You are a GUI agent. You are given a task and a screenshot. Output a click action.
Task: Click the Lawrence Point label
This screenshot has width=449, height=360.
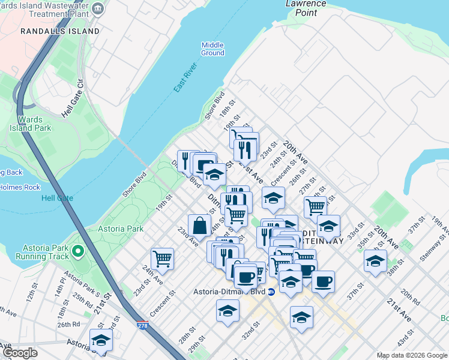tap(306, 7)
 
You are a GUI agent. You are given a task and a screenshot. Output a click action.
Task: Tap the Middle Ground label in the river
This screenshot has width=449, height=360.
tap(212, 49)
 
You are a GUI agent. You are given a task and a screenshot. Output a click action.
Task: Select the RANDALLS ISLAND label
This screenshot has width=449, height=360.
tap(59, 31)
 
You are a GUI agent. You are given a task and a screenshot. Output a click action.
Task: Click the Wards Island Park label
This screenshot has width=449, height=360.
tap(30, 124)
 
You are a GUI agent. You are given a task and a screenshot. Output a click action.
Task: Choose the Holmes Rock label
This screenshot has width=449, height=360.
tap(20, 187)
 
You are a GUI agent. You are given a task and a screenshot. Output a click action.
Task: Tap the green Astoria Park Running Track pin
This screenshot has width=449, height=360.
tap(77, 250)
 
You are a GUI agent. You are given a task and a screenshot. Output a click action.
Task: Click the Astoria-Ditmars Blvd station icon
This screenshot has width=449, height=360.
tap(271, 292)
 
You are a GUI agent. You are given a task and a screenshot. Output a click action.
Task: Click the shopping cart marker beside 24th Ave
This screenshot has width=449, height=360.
tap(162, 259)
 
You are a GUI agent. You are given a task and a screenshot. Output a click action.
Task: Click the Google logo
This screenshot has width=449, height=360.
tap(20, 353)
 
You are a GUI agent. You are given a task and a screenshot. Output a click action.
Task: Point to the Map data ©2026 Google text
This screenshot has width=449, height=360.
tap(412, 355)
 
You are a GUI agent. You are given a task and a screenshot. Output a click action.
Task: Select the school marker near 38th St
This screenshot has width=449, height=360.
tap(375, 261)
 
